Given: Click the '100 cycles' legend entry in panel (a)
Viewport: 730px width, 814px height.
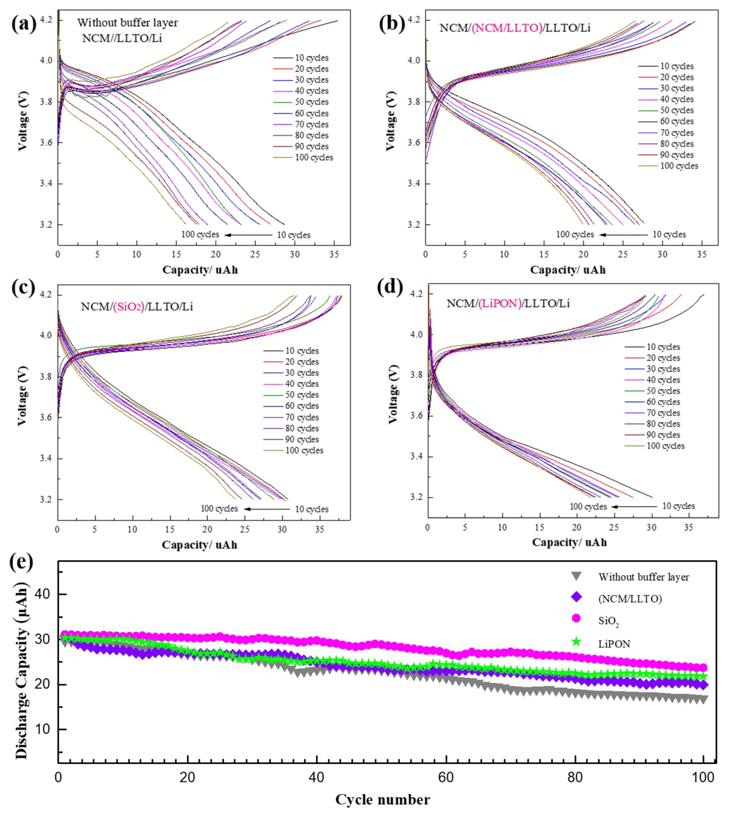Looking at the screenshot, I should click(x=314, y=157).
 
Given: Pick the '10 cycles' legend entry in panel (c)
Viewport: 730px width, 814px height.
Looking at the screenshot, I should click(x=302, y=351).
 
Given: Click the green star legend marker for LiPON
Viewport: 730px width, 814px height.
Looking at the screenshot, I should click(x=576, y=642).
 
